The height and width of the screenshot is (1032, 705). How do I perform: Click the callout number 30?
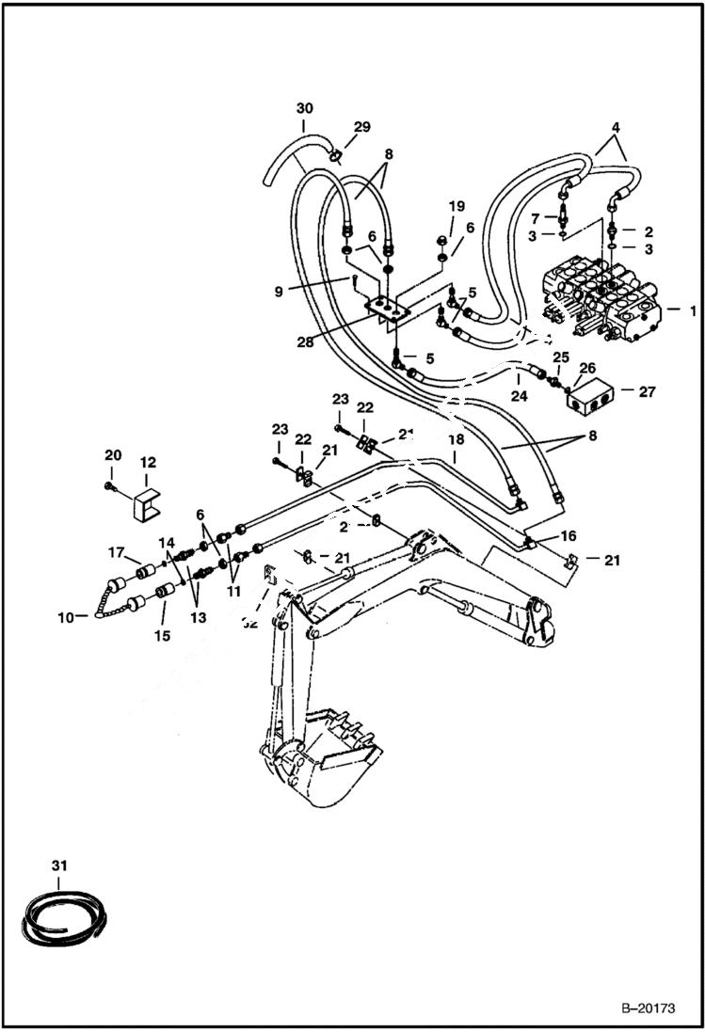click(x=304, y=107)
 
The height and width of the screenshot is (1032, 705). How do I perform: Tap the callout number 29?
click(x=361, y=127)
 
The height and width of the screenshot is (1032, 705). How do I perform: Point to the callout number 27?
click(x=647, y=391)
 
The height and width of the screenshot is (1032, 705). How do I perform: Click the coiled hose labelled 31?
click(x=65, y=916)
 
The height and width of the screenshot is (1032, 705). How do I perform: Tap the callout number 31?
click(x=59, y=865)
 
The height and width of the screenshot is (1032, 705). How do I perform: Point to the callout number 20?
click(x=113, y=455)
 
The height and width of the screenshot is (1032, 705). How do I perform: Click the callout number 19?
click(x=456, y=206)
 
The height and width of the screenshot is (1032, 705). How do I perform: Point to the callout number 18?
click(x=456, y=439)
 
